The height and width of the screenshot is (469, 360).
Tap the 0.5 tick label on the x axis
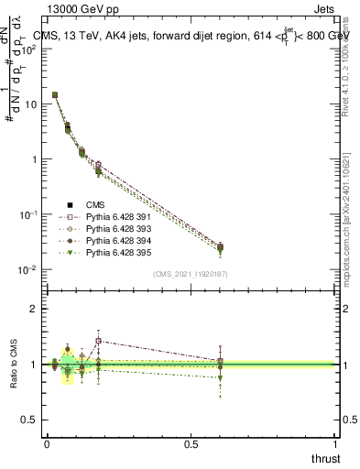pos(191,444)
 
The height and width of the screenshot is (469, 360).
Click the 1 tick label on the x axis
pos(335,444)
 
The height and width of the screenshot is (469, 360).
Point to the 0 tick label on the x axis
pos(47,444)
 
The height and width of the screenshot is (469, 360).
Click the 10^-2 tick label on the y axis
pos(28,269)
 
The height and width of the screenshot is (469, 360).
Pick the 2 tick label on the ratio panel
pos(34,309)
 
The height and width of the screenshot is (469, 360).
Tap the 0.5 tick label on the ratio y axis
pos(29,420)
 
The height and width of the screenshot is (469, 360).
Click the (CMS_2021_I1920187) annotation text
pos(190,274)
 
